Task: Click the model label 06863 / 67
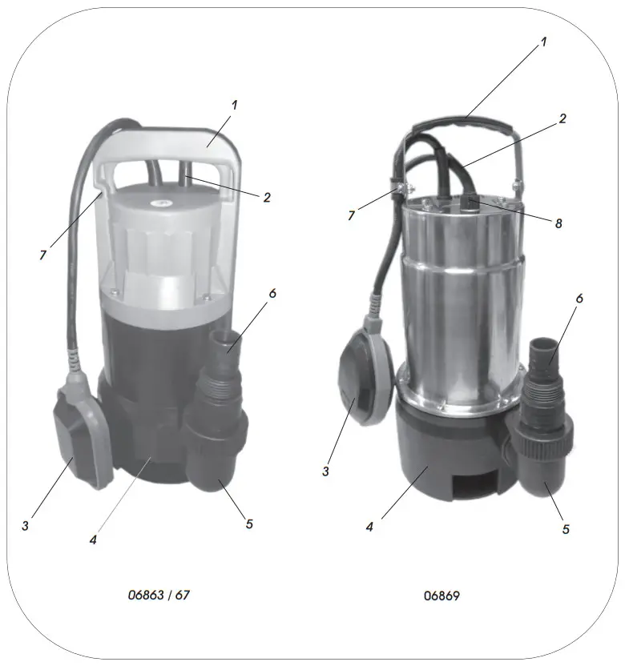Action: (x=159, y=596)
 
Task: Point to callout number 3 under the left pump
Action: (x=26, y=525)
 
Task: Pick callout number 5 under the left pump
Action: (x=249, y=524)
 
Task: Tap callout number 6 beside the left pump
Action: (x=272, y=293)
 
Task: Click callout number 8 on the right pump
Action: (x=558, y=223)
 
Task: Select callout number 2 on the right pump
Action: (x=562, y=118)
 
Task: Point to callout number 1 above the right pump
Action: (x=543, y=42)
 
